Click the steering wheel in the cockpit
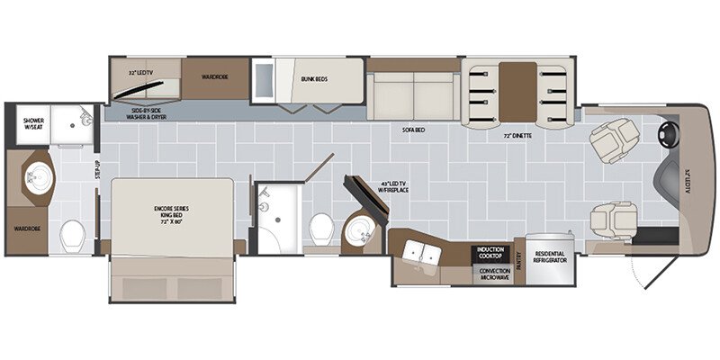click(x=667, y=136)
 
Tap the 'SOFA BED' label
click(x=413, y=130)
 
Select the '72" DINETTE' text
click(x=519, y=136)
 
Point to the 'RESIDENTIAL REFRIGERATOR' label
click(x=551, y=259)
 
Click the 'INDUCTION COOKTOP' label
click(x=490, y=250)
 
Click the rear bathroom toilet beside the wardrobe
click(x=72, y=237)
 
